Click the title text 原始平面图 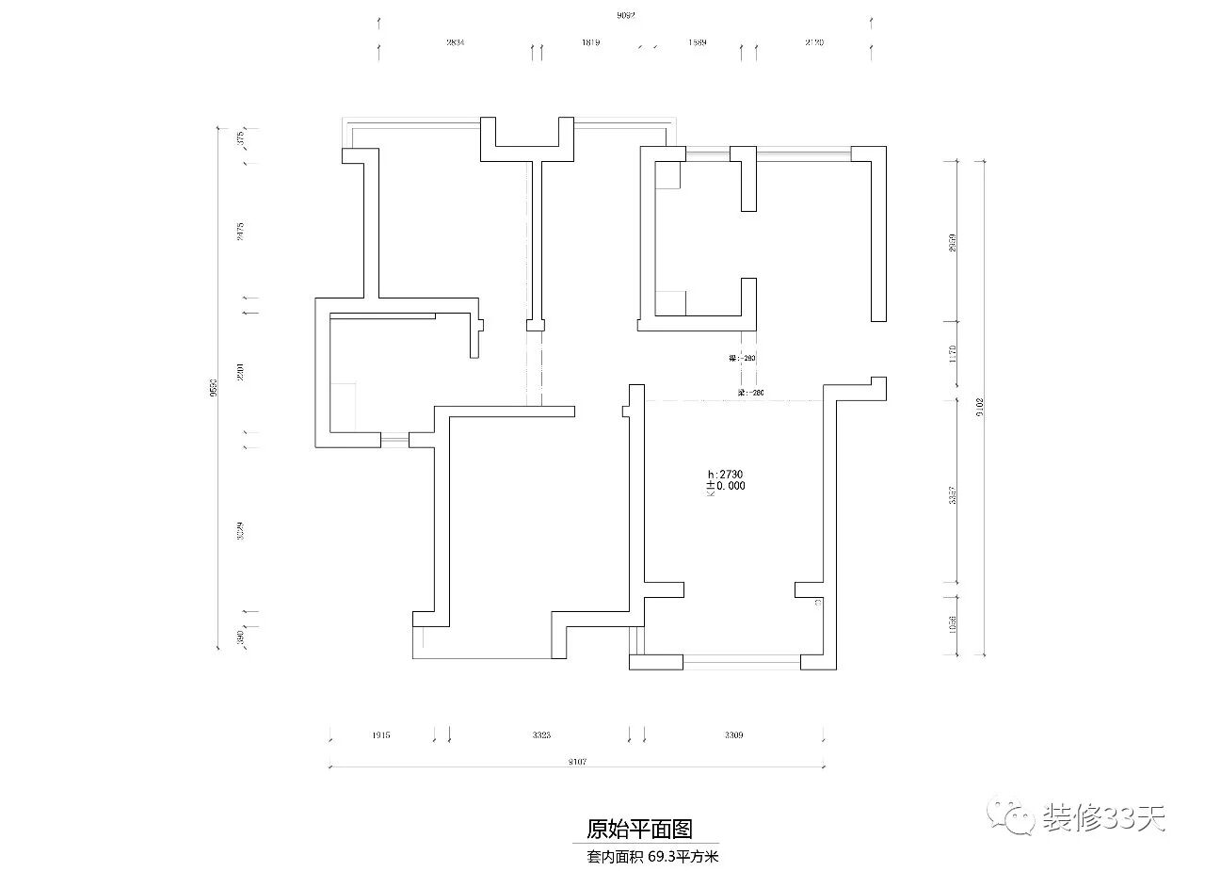pos(639,829)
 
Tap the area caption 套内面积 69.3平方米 pos(652,857)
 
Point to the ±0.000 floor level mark pos(728,487)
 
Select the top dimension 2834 pos(456,43)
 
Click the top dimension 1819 pos(591,43)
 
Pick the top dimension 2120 pos(814,43)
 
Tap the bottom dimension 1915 pos(381,735)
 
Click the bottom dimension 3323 pos(540,735)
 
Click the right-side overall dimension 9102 pos(980,407)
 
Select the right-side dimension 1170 pos(953,354)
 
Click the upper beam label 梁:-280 pos(744,359)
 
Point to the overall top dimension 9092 pos(625,16)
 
